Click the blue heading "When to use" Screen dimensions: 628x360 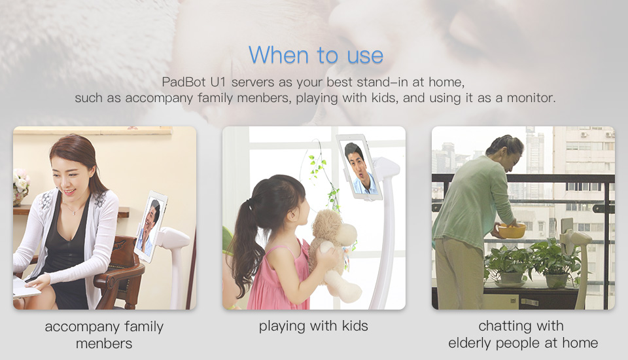[x=315, y=55]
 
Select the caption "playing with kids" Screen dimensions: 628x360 [x=313, y=326]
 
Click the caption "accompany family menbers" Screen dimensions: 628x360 [x=104, y=334]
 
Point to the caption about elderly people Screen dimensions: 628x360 [x=523, y=334]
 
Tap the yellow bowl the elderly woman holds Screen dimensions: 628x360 [x=512, y=231]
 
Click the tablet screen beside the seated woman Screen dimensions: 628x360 [x=150, y=226]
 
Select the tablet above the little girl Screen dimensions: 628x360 [x=359, y=167]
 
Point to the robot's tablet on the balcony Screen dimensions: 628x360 [x=567, y=230]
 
